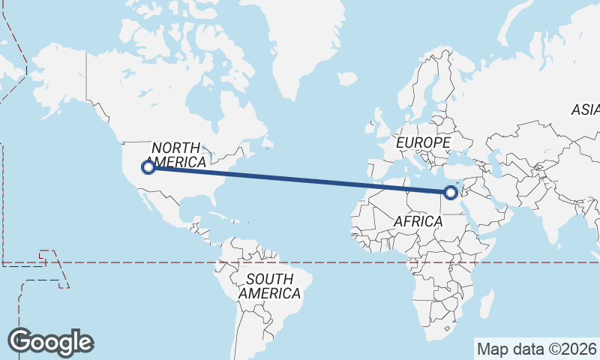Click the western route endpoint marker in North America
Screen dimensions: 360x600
[148, 167]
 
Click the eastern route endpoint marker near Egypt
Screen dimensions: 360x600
[450, 193]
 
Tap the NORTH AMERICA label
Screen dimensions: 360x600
[177, 154]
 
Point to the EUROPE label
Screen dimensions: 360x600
[423, 142]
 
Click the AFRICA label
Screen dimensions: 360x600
[418, 221]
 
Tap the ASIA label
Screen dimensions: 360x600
[586, 109]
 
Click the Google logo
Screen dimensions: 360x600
[51, 342]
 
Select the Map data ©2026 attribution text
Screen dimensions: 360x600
[536, 349]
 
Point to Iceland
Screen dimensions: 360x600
[346, 78]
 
